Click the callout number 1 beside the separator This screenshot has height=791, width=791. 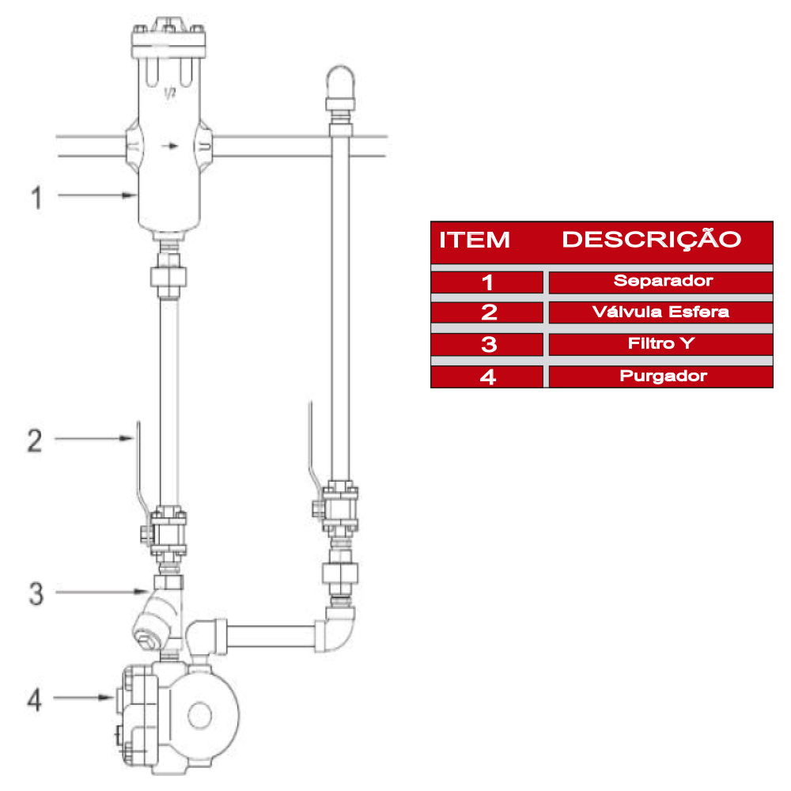(36, 196)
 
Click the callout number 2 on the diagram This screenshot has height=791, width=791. (35, 440)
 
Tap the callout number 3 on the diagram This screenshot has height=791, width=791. (36, 593)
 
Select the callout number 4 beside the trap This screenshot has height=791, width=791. (35, 699)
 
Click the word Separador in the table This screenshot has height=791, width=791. (661, 281)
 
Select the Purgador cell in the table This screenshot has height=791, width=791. (661, 377)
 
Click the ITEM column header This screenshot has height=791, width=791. (475, 240)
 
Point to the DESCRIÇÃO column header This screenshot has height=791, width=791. (651, 240)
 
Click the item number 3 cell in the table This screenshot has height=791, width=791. (488, 344)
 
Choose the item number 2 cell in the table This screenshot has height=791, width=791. (488, 312)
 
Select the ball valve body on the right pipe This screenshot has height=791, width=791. (340, 511)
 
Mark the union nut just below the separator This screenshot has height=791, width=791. (168, 278)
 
